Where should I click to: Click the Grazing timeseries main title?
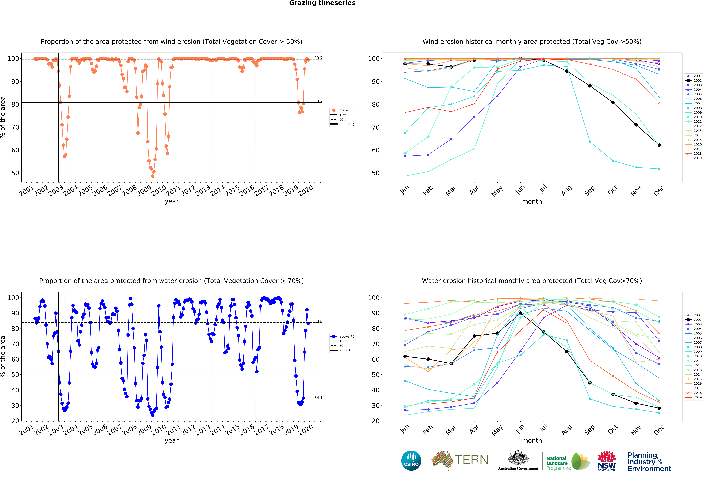point(322,3)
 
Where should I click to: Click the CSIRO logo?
point(411,461)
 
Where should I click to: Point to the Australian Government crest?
point(518,458)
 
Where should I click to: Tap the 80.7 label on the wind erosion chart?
point(318,101)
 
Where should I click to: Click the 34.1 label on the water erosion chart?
point(318,398)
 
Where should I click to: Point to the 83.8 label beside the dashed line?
point(318,321)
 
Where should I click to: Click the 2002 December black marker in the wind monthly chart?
point(659,145)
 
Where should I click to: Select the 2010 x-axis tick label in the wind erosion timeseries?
point(159,190)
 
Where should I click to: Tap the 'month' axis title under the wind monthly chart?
point(532,201)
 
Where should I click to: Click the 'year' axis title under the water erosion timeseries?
point(172,441)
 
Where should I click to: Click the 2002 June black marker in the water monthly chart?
point(520,313)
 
